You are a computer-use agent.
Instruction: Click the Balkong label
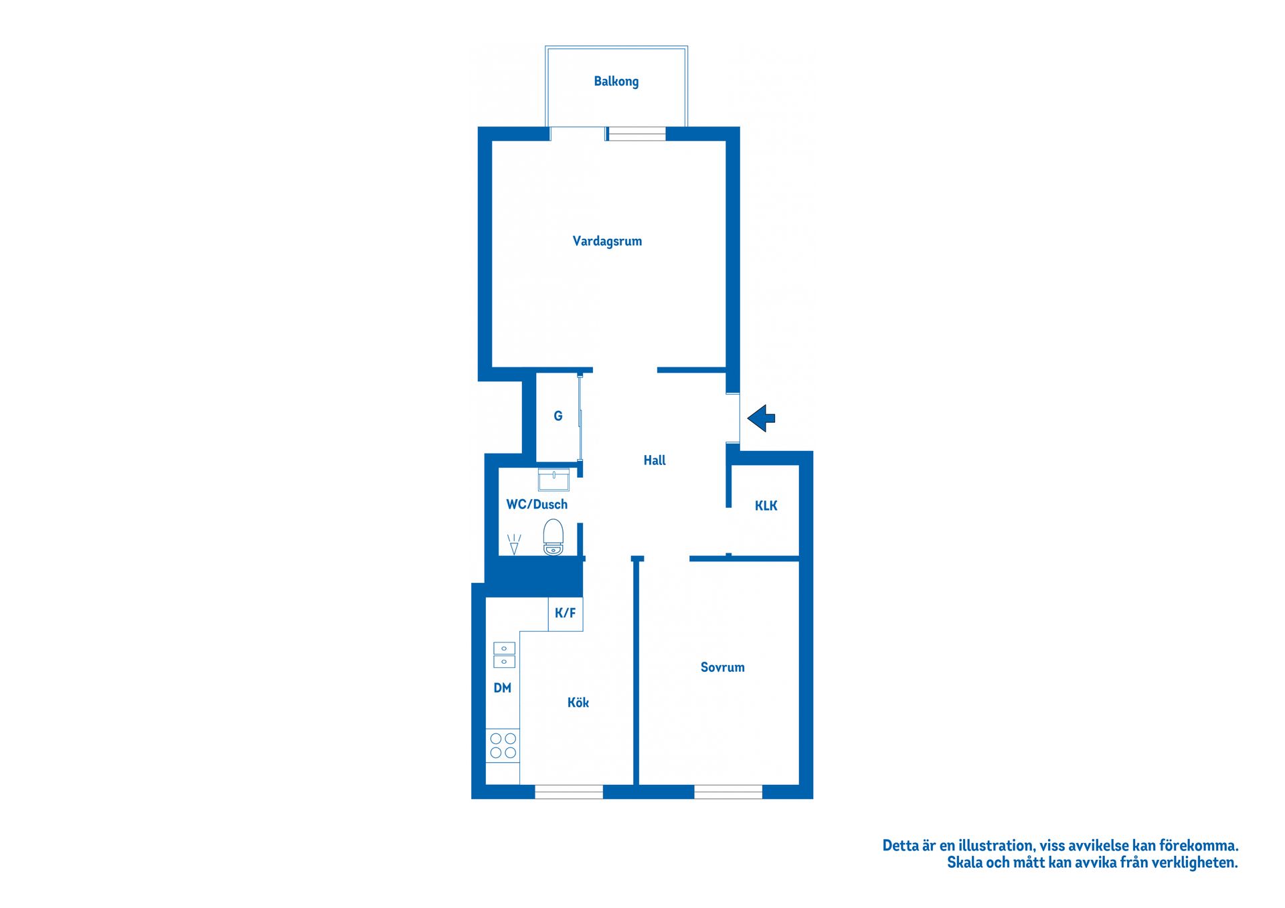(616, 82)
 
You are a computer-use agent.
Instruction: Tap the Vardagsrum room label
(607, 241)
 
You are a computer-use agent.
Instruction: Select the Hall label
(654, 460)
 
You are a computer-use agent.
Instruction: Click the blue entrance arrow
(761, 418)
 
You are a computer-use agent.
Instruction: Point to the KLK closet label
(766, 506)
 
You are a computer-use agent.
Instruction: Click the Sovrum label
(722, 667)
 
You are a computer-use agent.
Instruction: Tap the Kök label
(578, 703)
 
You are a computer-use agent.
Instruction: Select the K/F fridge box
(566, 614)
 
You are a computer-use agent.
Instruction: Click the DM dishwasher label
(502, 688)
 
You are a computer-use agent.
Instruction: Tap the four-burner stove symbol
(503, 745)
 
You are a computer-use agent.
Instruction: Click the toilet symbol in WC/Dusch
(553, 537)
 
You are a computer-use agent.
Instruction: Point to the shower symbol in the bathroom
(514, 543)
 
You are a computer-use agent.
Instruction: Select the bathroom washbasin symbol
(553, 479)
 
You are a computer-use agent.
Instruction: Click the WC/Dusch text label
(536, 505)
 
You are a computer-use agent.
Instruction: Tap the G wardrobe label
(558, 416)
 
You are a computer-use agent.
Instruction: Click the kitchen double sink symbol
(504, 655)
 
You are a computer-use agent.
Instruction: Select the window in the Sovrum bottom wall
(727, 792)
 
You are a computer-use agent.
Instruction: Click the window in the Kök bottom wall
(568, 792)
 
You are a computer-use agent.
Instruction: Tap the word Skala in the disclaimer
(964, 862)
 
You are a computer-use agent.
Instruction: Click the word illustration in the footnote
(996, 846)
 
